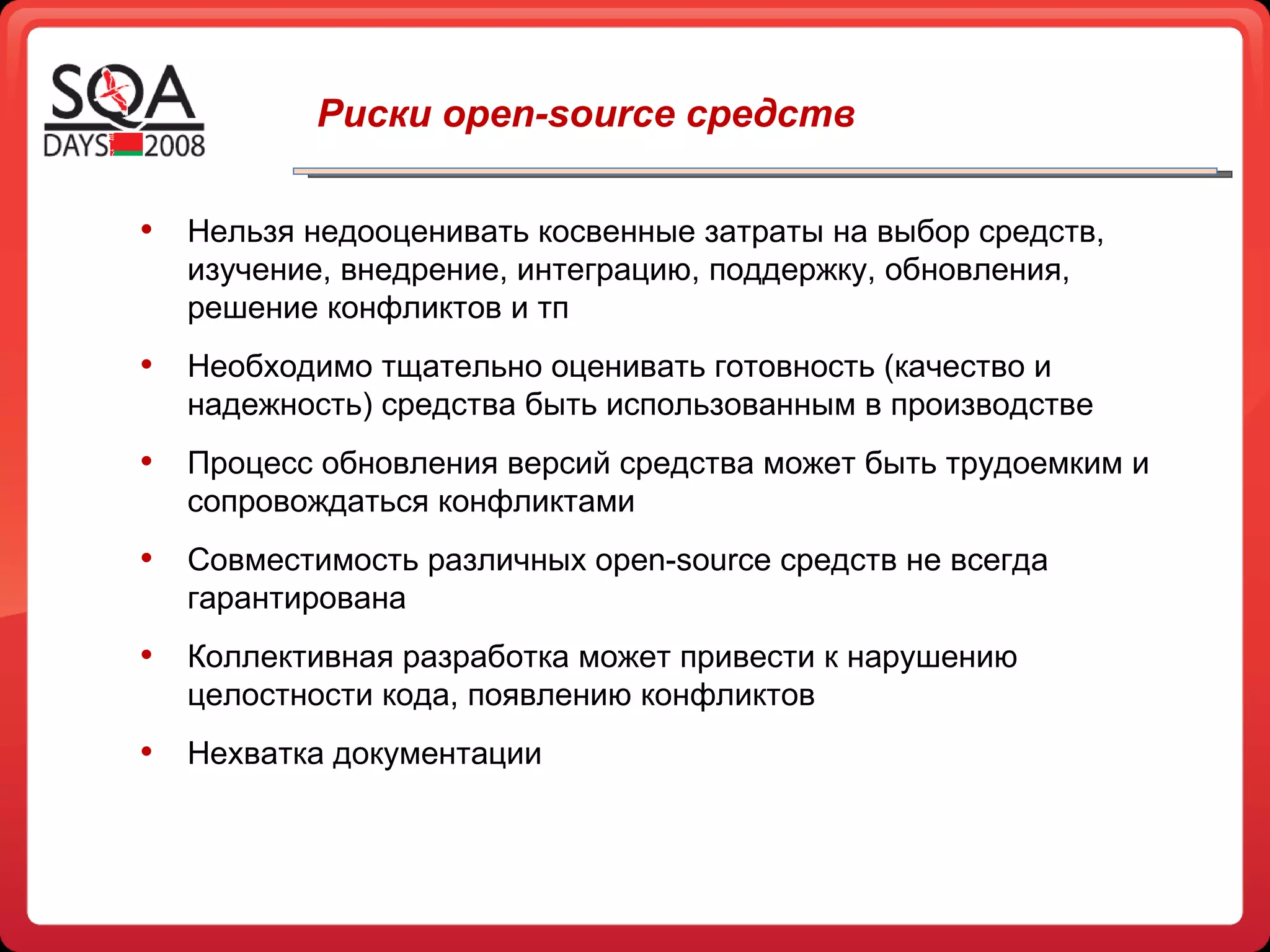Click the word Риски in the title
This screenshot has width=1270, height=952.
[374, 114]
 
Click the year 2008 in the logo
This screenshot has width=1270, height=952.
[174, 146]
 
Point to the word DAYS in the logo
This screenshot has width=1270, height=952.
[76, 146]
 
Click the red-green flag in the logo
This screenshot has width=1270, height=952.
[127, 144]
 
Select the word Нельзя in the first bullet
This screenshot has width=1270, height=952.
[241, 232]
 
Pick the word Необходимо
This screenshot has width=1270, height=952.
[280, 367]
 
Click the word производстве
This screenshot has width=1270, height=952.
[992, 405]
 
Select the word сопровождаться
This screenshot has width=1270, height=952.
[308, 502]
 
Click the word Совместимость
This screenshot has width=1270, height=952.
[303, 560]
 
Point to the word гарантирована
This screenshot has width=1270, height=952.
[296, 599]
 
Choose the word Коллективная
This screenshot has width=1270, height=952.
[290, 657]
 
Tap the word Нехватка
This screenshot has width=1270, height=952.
[255, 754]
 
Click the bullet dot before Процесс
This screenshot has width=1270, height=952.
[146, 461]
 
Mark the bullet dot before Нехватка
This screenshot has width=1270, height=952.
[146, 751]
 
